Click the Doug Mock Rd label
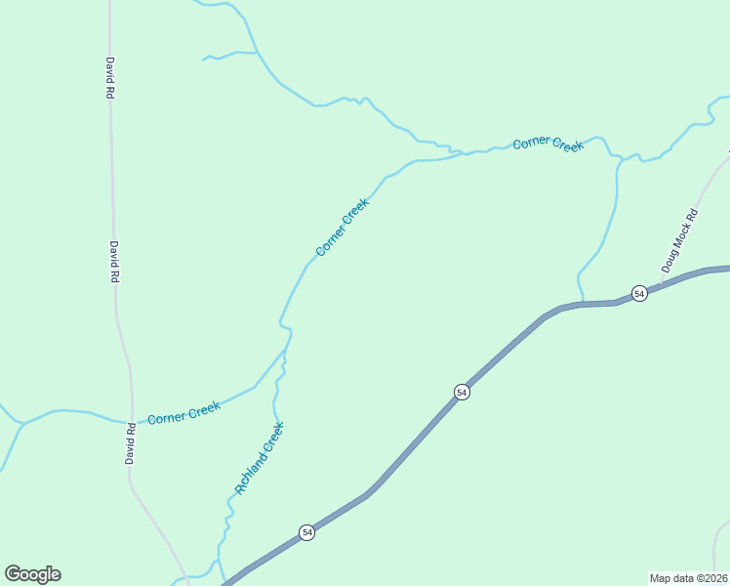pyautogui.click(x=680, y=240)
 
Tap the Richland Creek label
pyautogui.click(x=260, y=457)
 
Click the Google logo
pyautogui.click(x=32, y=574)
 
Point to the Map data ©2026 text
pyautogui.click(x=688, y=578)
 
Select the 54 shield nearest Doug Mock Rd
pyautogui.click(x=639, y=294)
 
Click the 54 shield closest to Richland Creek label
pyautogui.click(x=307, y=532)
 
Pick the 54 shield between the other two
pyautogui.click(x=463, y=392)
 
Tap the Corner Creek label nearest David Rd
pyautogui.click(x=183, y=413)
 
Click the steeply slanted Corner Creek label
pyautogui.click(x=343, y=228)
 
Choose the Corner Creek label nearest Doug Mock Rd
pyautogui.click(x=548, y=144)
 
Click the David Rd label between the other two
pyautogui.click(x=114, y=262)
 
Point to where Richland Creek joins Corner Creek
pyautogui.click(x=287, y=349)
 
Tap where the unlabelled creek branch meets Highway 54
pyautogui.click(x=583, y=304)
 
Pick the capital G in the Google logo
pyautogui.click(x=13, y=573)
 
